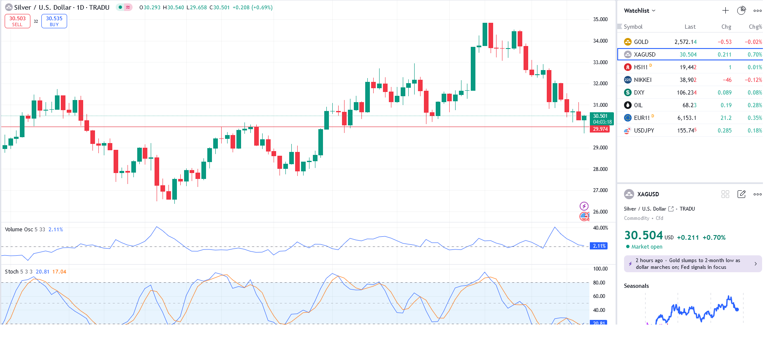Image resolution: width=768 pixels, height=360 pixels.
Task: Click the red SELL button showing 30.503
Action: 17,21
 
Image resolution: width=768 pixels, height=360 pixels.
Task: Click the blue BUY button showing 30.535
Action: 54,21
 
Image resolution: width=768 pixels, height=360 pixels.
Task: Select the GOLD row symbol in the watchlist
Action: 641,42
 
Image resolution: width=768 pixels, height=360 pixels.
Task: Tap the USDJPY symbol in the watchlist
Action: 644,130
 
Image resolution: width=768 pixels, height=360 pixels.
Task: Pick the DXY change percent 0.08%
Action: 754,92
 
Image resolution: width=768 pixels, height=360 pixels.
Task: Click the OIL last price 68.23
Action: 689,105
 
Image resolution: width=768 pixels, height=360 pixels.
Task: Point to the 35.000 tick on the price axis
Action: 600,19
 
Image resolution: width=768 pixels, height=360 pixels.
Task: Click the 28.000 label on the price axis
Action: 600,169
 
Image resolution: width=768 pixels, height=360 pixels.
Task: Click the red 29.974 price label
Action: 600,129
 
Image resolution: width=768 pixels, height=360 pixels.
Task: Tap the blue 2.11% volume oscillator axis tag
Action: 599,246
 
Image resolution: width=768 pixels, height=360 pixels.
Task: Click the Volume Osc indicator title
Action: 19,230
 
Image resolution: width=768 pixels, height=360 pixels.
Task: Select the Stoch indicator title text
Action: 12,272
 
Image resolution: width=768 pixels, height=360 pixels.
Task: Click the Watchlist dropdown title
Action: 639,11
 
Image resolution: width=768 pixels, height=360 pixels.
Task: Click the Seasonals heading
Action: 636,286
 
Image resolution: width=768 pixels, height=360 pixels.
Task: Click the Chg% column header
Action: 755,27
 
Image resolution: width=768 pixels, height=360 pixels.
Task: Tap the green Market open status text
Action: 646,247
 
